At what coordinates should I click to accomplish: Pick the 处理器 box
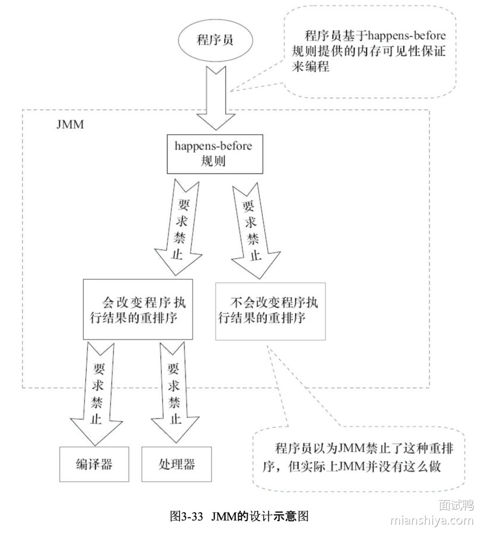(177, 463)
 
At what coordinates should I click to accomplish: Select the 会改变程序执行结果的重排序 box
(138, 309)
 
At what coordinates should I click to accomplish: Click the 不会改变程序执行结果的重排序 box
(270, 311)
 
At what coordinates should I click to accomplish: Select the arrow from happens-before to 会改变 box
(176, 227)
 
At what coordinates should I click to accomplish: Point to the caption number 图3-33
(187, 516)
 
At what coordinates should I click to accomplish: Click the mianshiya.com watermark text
(431, 520)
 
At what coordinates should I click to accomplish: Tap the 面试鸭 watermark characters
(456, 504)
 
